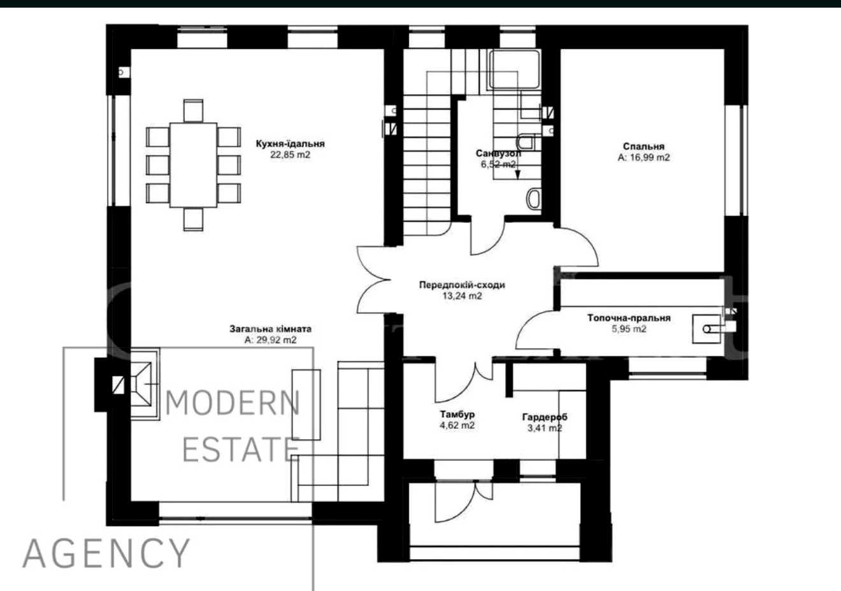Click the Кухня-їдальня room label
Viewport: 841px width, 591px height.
(x=291, y=144)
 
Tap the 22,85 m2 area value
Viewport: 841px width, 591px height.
(x=291, y=155)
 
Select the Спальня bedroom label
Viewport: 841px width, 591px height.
(x=643, y=146)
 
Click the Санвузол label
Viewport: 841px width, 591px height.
(x=498, y=153)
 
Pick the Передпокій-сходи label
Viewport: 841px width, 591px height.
(x=462, y=285)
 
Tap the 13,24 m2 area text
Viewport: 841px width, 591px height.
(x=462, y=296)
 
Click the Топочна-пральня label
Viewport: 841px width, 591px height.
(x=629, y=318)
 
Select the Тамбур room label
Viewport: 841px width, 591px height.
(x=457, y=414)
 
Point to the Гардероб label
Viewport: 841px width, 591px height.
(x=545, y=417)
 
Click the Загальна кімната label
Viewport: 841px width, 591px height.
(x=270, y=329)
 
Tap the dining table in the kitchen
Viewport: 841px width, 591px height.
(x=193, y=165)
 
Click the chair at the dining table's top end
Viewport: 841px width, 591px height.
(x=193, y=111)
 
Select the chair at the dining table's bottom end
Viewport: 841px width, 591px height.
(x=193, y=219)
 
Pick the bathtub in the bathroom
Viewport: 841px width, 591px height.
(x=514, y=69)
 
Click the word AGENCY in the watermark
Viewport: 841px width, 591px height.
(x=106, y=553)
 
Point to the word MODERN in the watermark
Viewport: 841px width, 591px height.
(x=233, y=403)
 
